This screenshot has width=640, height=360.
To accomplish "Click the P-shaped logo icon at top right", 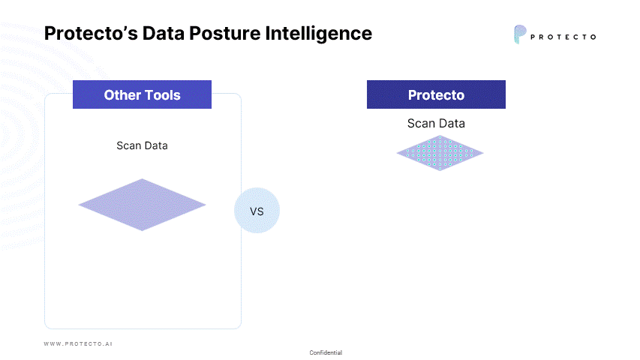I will (519, 34).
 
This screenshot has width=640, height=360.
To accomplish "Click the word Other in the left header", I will (122, 95).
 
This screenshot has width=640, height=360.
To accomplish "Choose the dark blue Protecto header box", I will (436, 95).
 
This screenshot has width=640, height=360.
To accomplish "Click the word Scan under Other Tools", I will (129, 145).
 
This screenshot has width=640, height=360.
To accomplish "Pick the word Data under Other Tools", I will (156, 145).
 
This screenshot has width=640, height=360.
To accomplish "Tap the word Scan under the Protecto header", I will (421, 124).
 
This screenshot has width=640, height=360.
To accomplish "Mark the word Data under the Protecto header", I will (451, 124).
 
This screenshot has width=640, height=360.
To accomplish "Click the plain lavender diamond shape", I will (142, 204).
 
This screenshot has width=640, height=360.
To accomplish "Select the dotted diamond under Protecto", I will (440, 153).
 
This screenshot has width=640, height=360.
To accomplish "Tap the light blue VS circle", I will (257, 211).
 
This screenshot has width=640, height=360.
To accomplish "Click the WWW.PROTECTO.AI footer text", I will (78, 343).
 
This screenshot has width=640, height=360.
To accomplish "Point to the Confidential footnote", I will (326, 352).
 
